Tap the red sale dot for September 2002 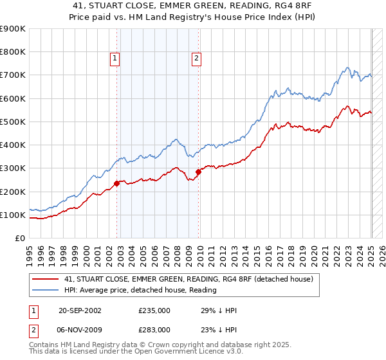tap(117, 183)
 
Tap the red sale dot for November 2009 tap(199, 172)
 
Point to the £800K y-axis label tap(13, 52)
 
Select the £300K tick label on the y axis tap(13, 168)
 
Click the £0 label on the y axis tap(19, 239)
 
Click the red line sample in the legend tap(45, 279)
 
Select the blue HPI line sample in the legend tap(45, 291)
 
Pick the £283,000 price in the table tap(154, 329)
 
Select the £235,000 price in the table tap(154, 310)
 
